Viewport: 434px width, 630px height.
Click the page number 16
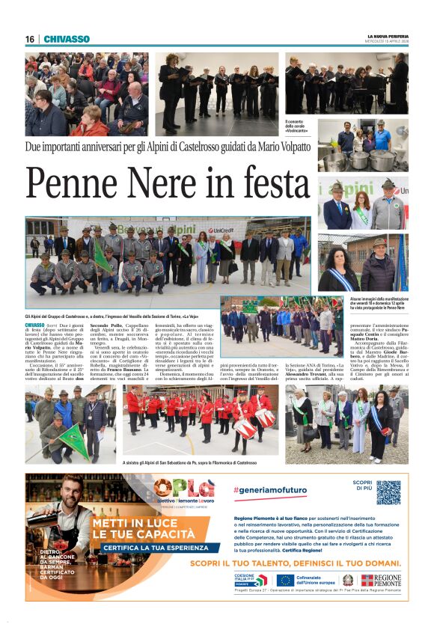[x=29, y=39]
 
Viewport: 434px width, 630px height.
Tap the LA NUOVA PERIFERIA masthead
[x=388, y=36]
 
